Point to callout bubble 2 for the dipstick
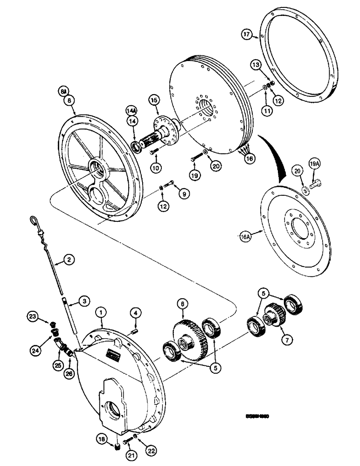coord(69,260)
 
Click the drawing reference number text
coord(257,417)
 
